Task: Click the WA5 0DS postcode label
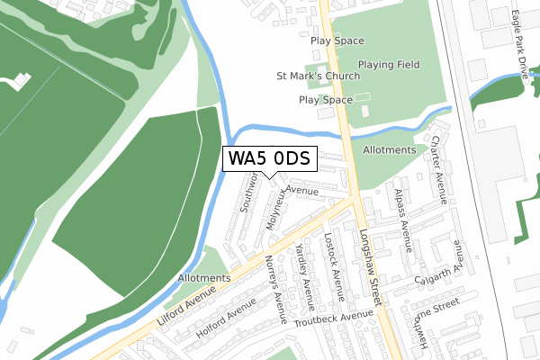coord(269,159)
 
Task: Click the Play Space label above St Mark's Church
coord(337,40)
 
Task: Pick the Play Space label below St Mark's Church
coord(326,100)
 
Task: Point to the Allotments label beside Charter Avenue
coord(390,149)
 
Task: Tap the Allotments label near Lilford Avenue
coord(204,278)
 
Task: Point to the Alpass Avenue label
coord(401,217)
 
